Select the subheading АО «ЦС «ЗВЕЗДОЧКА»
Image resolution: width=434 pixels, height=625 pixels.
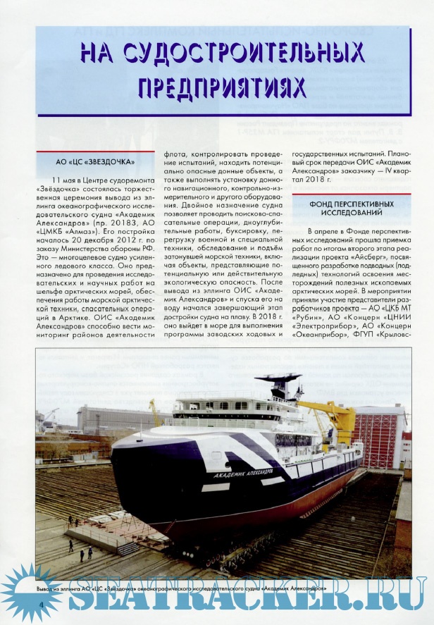point(95,161)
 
